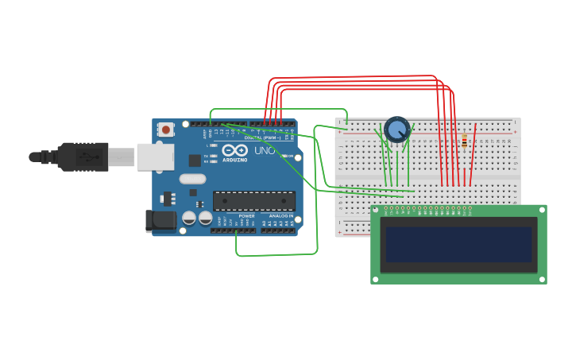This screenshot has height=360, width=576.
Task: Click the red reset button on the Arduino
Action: pos(165,129)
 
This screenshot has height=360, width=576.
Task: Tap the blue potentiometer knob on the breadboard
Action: pos(396,128)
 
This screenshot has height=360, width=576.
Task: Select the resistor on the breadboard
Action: pos(464,141)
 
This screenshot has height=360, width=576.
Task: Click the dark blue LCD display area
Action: pos(458,244)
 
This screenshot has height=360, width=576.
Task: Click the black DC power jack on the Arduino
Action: pos(160,220)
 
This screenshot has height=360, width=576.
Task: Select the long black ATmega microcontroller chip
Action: pos(253,200)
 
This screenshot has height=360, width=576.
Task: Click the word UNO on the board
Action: pos(265,150)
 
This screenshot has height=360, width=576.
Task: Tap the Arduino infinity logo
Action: pos(234,149)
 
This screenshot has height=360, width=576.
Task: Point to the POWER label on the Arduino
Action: pos(247,215)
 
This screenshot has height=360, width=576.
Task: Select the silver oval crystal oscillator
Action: pos(192,179)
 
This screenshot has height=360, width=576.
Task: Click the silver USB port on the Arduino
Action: pos(155,157)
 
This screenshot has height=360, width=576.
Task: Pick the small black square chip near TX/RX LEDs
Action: pos(195,160)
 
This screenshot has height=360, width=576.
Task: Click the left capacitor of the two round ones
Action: pos(189,217)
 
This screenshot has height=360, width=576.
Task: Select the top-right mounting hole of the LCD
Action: pos(543,209)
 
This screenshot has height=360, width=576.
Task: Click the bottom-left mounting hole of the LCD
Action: pos(375,279)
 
